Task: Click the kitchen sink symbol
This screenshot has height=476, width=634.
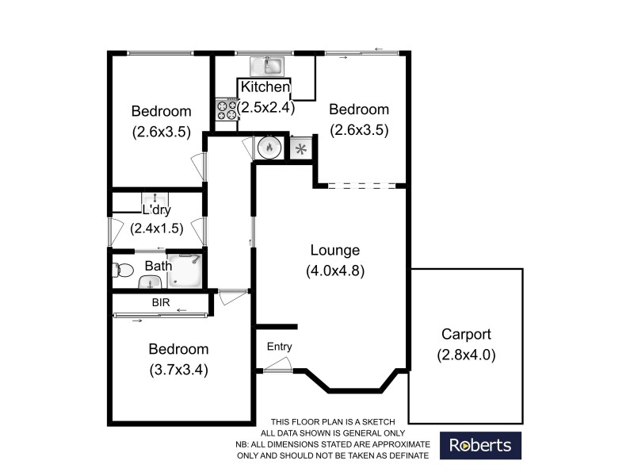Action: point(268,66)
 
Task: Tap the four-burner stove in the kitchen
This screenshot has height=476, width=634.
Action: point(227,109)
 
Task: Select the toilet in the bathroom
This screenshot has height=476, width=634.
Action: point(122,270)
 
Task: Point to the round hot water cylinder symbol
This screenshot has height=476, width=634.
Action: point(269,147)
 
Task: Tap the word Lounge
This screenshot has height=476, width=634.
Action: point(334,251)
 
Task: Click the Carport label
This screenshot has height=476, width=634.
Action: point(467,335)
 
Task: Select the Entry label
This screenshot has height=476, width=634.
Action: point(279,347)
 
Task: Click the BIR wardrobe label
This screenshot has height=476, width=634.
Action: point(162,302)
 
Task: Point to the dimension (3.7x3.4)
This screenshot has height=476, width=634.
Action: point(178,369)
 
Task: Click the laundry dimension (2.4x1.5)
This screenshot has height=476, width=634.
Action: point(157,228)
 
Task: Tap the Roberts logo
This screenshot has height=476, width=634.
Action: point(480,445)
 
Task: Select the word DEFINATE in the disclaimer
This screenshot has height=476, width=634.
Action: point(405,455)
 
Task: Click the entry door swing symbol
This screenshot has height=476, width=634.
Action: point(277,365)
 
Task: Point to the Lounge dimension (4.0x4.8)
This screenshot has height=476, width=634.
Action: point(334,271)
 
